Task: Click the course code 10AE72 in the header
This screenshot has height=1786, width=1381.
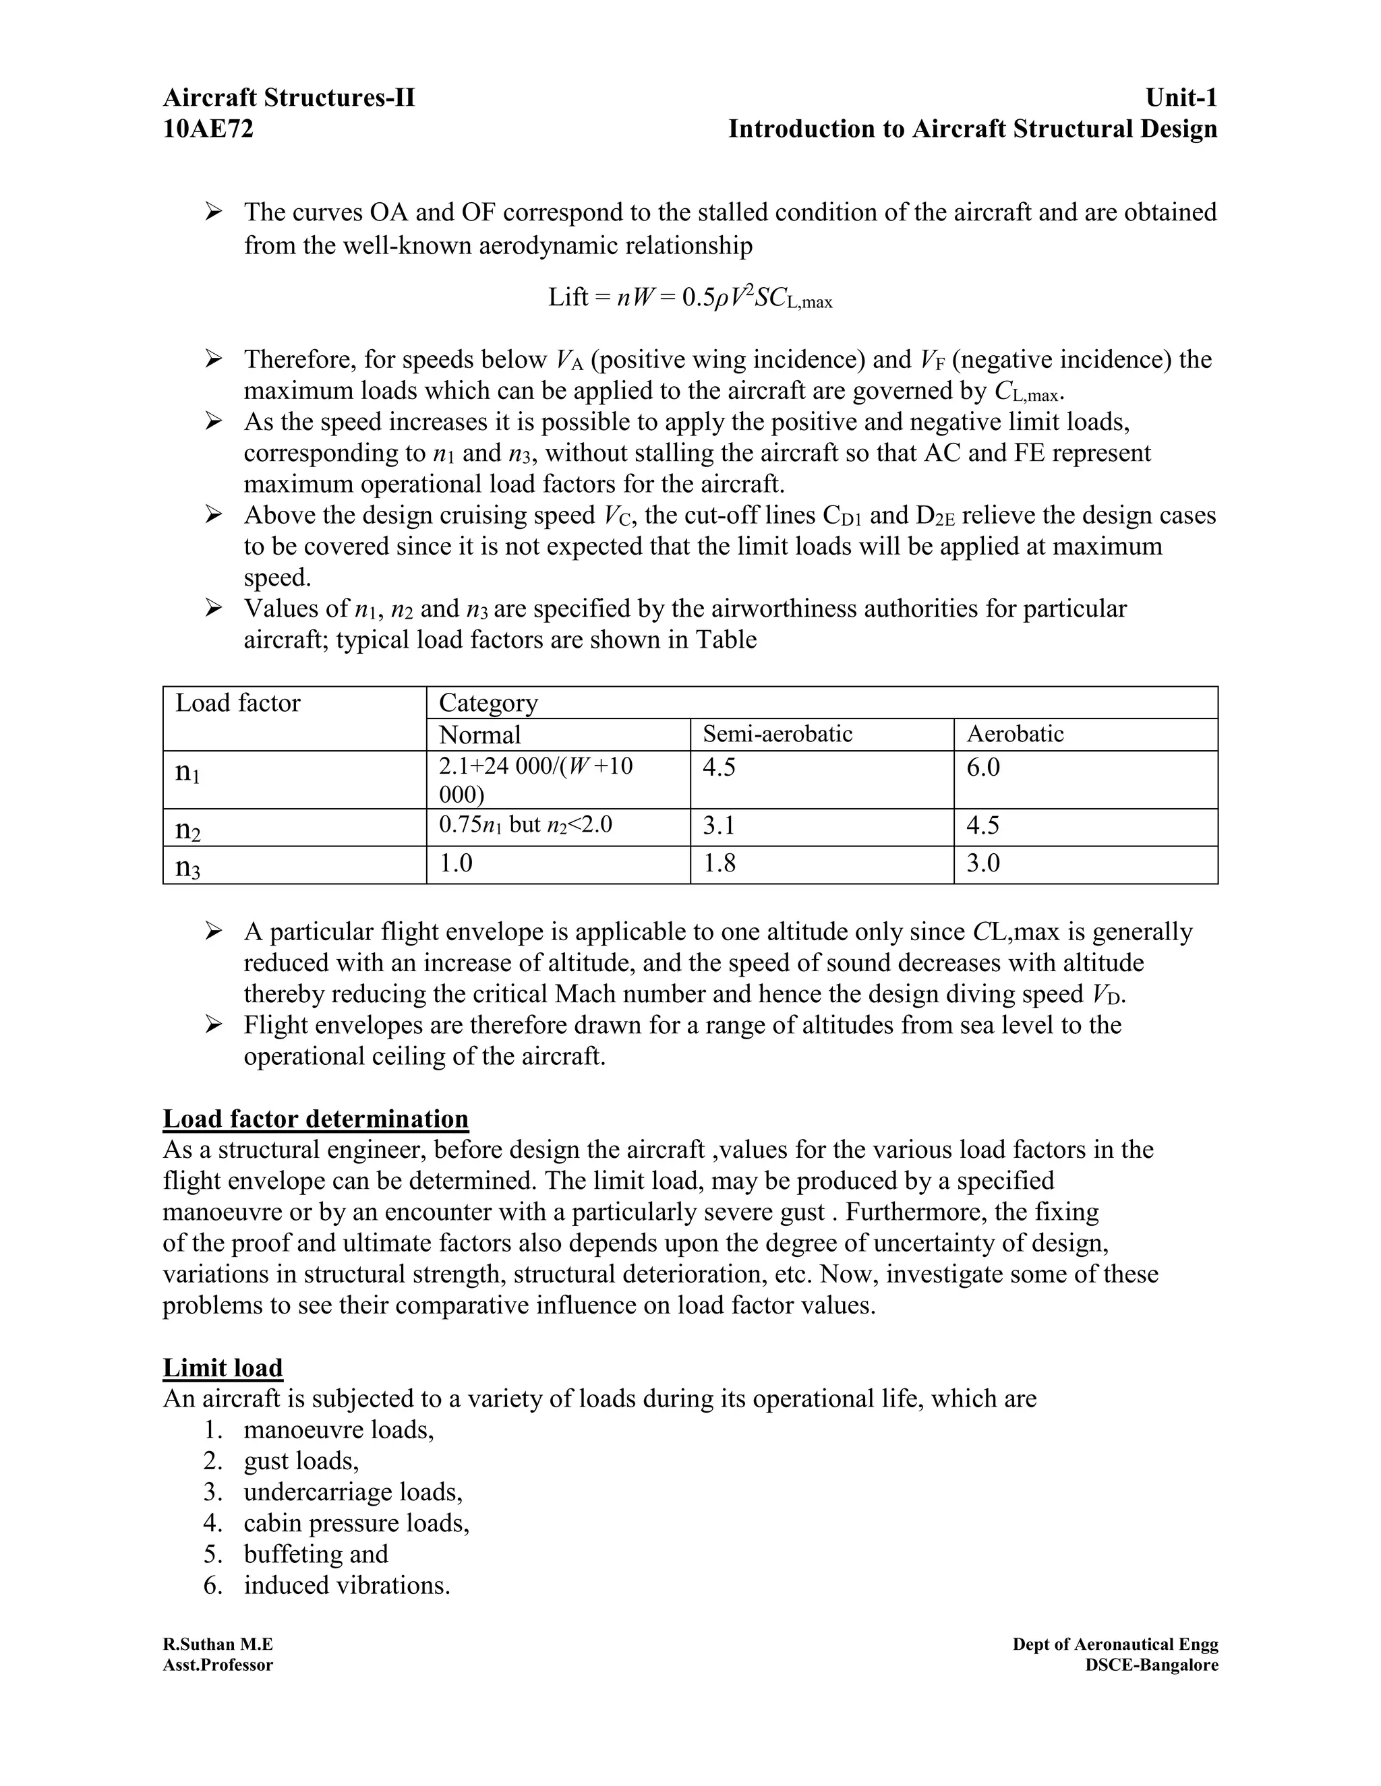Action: tap(208, 129)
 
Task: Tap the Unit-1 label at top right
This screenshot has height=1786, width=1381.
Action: tap(1181, 98)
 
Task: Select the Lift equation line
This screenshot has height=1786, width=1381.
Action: tap(690, 298)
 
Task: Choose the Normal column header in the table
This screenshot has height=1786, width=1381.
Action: tap(479, 735)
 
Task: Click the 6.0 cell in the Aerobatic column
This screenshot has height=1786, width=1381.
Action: tap(982, 767)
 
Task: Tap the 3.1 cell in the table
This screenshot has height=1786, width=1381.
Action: tap(718, 825)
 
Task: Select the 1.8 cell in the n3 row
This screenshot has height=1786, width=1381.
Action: tap(718, 863)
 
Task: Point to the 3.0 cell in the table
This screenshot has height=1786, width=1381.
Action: tap(982, 863)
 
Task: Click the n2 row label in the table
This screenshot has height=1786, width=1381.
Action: tap(188, 829)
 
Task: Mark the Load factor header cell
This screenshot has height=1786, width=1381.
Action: tap(238, 703)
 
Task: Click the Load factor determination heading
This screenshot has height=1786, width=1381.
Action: tap(316, 1119)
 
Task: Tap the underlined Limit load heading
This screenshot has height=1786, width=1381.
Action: tap(223, 1367)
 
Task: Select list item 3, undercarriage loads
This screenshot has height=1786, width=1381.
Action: tap(353, 1492)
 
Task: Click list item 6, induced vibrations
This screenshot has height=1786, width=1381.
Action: tap(347, 1586)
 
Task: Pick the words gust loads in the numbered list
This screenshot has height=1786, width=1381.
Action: tap(301, 1461)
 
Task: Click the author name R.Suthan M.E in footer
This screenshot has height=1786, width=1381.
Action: tap(218, 1644)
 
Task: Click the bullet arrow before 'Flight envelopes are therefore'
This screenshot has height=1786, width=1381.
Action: tap(214, 1024)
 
